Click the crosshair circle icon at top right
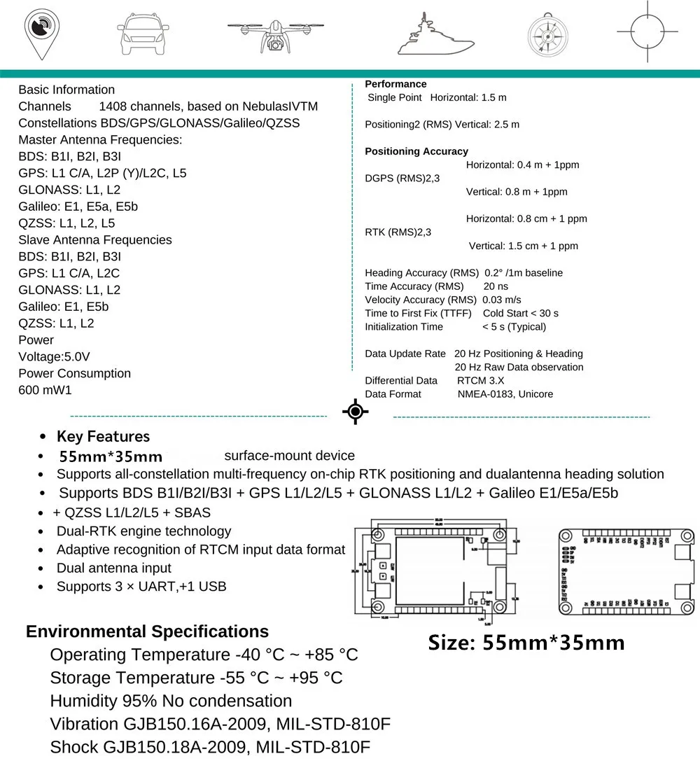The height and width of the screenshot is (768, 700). tap(647, 32)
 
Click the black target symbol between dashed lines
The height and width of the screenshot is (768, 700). tap(356, 412)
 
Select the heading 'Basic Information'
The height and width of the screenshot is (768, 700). tap(66, 90)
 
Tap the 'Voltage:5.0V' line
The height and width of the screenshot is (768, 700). tap(54, 356)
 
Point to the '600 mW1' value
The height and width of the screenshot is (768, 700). tap(45, 390)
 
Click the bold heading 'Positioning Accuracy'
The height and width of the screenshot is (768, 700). tap(416, 151)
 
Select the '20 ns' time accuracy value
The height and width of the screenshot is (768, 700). tap(496, 286)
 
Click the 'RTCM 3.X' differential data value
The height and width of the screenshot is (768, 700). tap(480, 381)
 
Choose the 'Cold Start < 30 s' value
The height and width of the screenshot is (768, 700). tap(520, 313)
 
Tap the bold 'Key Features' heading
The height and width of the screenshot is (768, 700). tap(103, 437)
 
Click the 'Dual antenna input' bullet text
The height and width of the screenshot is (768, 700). tap(113, 568)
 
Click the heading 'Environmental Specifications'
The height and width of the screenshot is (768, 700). tap(147, 631)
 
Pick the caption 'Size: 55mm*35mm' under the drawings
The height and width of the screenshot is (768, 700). tap(526, 642)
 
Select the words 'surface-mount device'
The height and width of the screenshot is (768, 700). tap(289, 456)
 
